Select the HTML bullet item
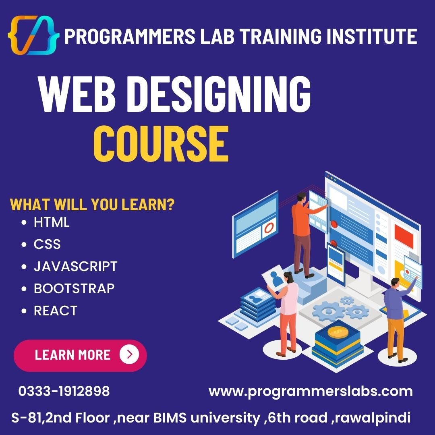52,222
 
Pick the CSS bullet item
47,244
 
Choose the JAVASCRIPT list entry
75,266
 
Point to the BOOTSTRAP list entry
74,288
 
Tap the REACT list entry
55,311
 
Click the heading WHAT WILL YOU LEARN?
92,204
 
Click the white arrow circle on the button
129,354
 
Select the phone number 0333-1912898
64,391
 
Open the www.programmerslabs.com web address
311,391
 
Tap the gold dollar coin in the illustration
338,332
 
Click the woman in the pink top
288,310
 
